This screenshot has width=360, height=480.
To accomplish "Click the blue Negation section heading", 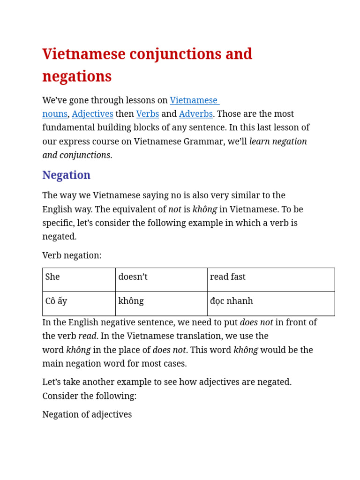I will tap(66, 175).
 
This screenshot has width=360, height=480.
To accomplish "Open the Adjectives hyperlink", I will tap(92, 114).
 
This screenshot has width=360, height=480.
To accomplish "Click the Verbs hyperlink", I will tap(147, 114).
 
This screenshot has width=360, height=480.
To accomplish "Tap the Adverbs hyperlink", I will tap(195, 114).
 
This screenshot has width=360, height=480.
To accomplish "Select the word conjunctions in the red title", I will tap(175, 54).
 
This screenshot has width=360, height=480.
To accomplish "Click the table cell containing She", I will tap(79, 279).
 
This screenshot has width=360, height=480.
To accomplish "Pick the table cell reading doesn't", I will tap(161, 279).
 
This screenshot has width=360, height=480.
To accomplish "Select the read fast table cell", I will tap(270, 279).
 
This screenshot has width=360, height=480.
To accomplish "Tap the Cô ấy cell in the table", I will tap(79, 303).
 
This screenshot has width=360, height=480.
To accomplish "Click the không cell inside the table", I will tap(161, 303).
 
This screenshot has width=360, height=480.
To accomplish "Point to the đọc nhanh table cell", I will tap(270, 303).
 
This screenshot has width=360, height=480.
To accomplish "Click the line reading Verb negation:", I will tap(72, 255).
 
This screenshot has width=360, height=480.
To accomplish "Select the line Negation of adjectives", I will tap(87, 414).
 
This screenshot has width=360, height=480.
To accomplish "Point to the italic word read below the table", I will tap(87, 336).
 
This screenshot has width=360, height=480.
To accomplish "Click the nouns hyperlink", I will tap(54, 114).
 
